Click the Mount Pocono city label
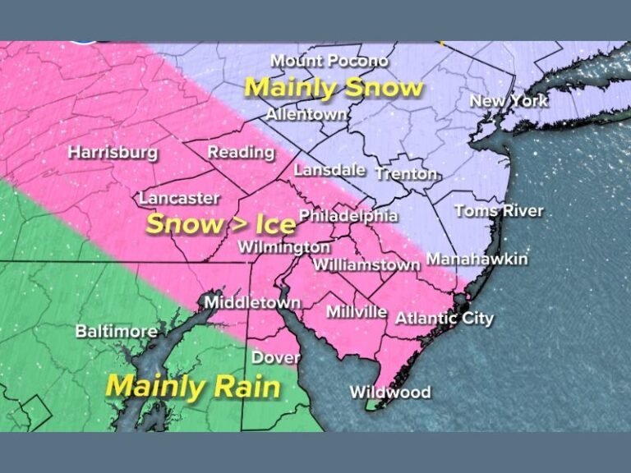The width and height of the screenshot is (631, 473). (x=329, y=62)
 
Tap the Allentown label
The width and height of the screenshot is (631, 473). (x=306, y=114)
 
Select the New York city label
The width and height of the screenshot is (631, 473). (x=509, y=101)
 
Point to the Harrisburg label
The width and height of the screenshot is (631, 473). (x=113, y=152)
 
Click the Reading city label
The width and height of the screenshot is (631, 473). (x=241, y=152)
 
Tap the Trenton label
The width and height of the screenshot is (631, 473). (x=408, y=174)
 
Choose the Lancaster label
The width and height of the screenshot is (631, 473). (x=179, y=198)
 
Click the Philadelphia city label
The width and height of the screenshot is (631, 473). (x=348, y=216)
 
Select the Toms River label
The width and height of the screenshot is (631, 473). (x=499, y=211)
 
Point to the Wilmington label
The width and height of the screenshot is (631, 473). (x=284, y=246)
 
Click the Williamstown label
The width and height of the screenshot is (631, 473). (x=367, y=264)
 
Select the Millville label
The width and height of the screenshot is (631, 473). (x=357, y=312)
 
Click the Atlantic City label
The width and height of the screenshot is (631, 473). (x=444, y=318)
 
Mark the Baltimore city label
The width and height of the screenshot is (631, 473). (x=117, y=332)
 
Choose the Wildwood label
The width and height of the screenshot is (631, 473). (x=390, y=392)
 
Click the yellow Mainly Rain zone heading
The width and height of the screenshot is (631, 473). (x=193, y=386)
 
